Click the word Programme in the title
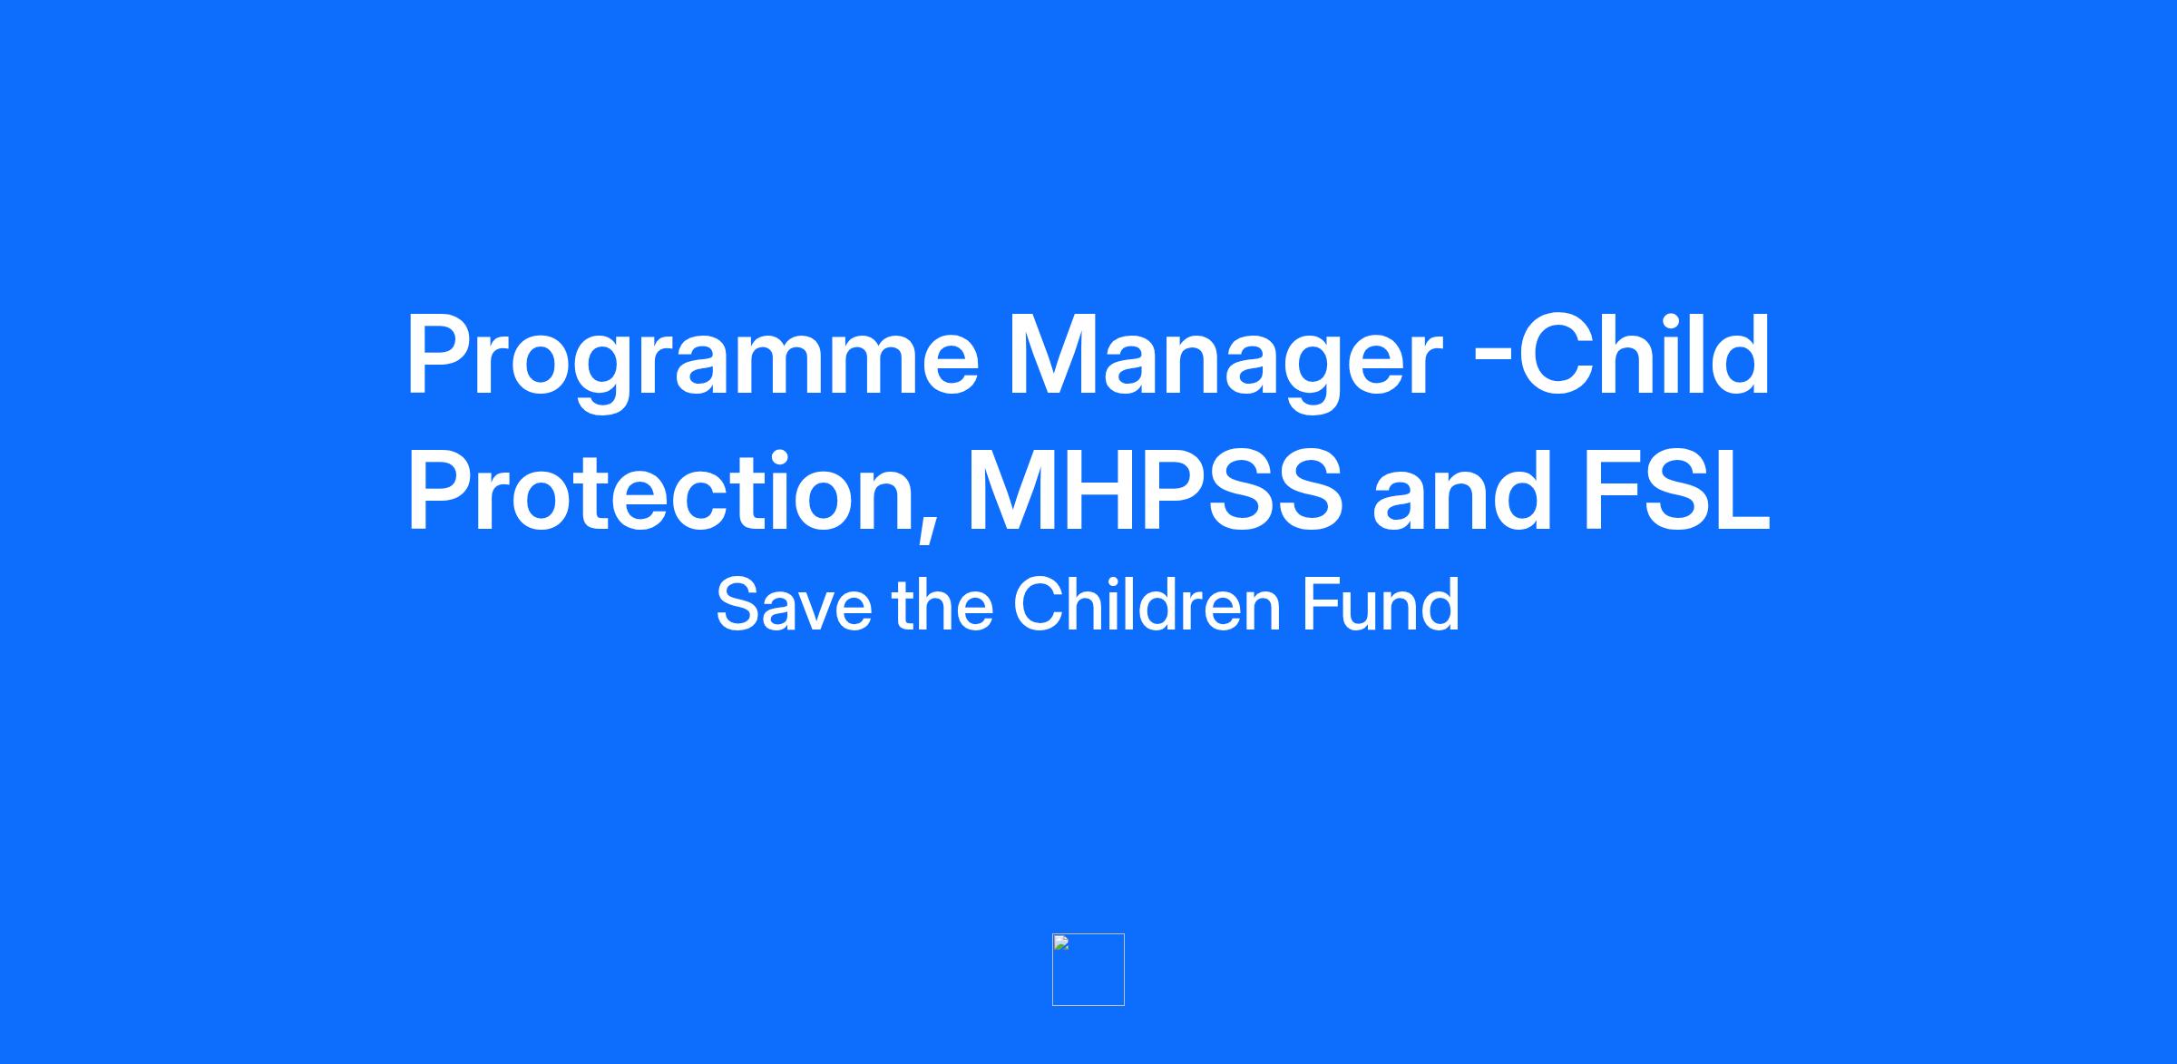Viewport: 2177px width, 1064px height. pos(692,361)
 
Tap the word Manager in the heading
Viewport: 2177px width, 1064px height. pos(1225,361)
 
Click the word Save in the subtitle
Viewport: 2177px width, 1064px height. pos(795,605)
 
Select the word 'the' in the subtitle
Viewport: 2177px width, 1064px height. pos(942,603)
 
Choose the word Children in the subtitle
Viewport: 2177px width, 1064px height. pos(1147,603)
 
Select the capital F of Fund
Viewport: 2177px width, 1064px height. pos(1322,604)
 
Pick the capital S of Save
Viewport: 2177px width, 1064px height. pos(739,604)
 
